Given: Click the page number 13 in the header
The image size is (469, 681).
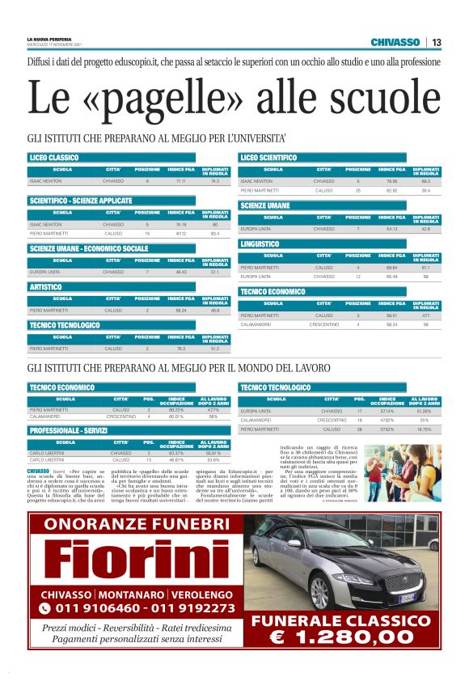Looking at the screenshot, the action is click(x=436, y=42).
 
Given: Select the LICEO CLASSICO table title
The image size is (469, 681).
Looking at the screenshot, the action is click(x=54, y=157).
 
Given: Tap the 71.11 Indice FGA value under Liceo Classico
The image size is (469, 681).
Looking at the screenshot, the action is click(x=181, y=181).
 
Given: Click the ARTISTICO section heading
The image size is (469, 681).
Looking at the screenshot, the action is click(x=46, y=287).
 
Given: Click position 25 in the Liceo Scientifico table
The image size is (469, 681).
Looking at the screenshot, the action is click(x=358, y=190).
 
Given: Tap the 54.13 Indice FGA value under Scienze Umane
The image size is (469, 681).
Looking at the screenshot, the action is click(x=393, y=229).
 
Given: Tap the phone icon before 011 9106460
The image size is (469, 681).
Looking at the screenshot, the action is click(x=44, y=607).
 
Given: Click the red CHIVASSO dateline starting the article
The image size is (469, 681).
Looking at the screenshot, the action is click(x=38, y=471).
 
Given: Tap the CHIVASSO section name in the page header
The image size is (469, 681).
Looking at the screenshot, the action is click(x=395, y=42).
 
